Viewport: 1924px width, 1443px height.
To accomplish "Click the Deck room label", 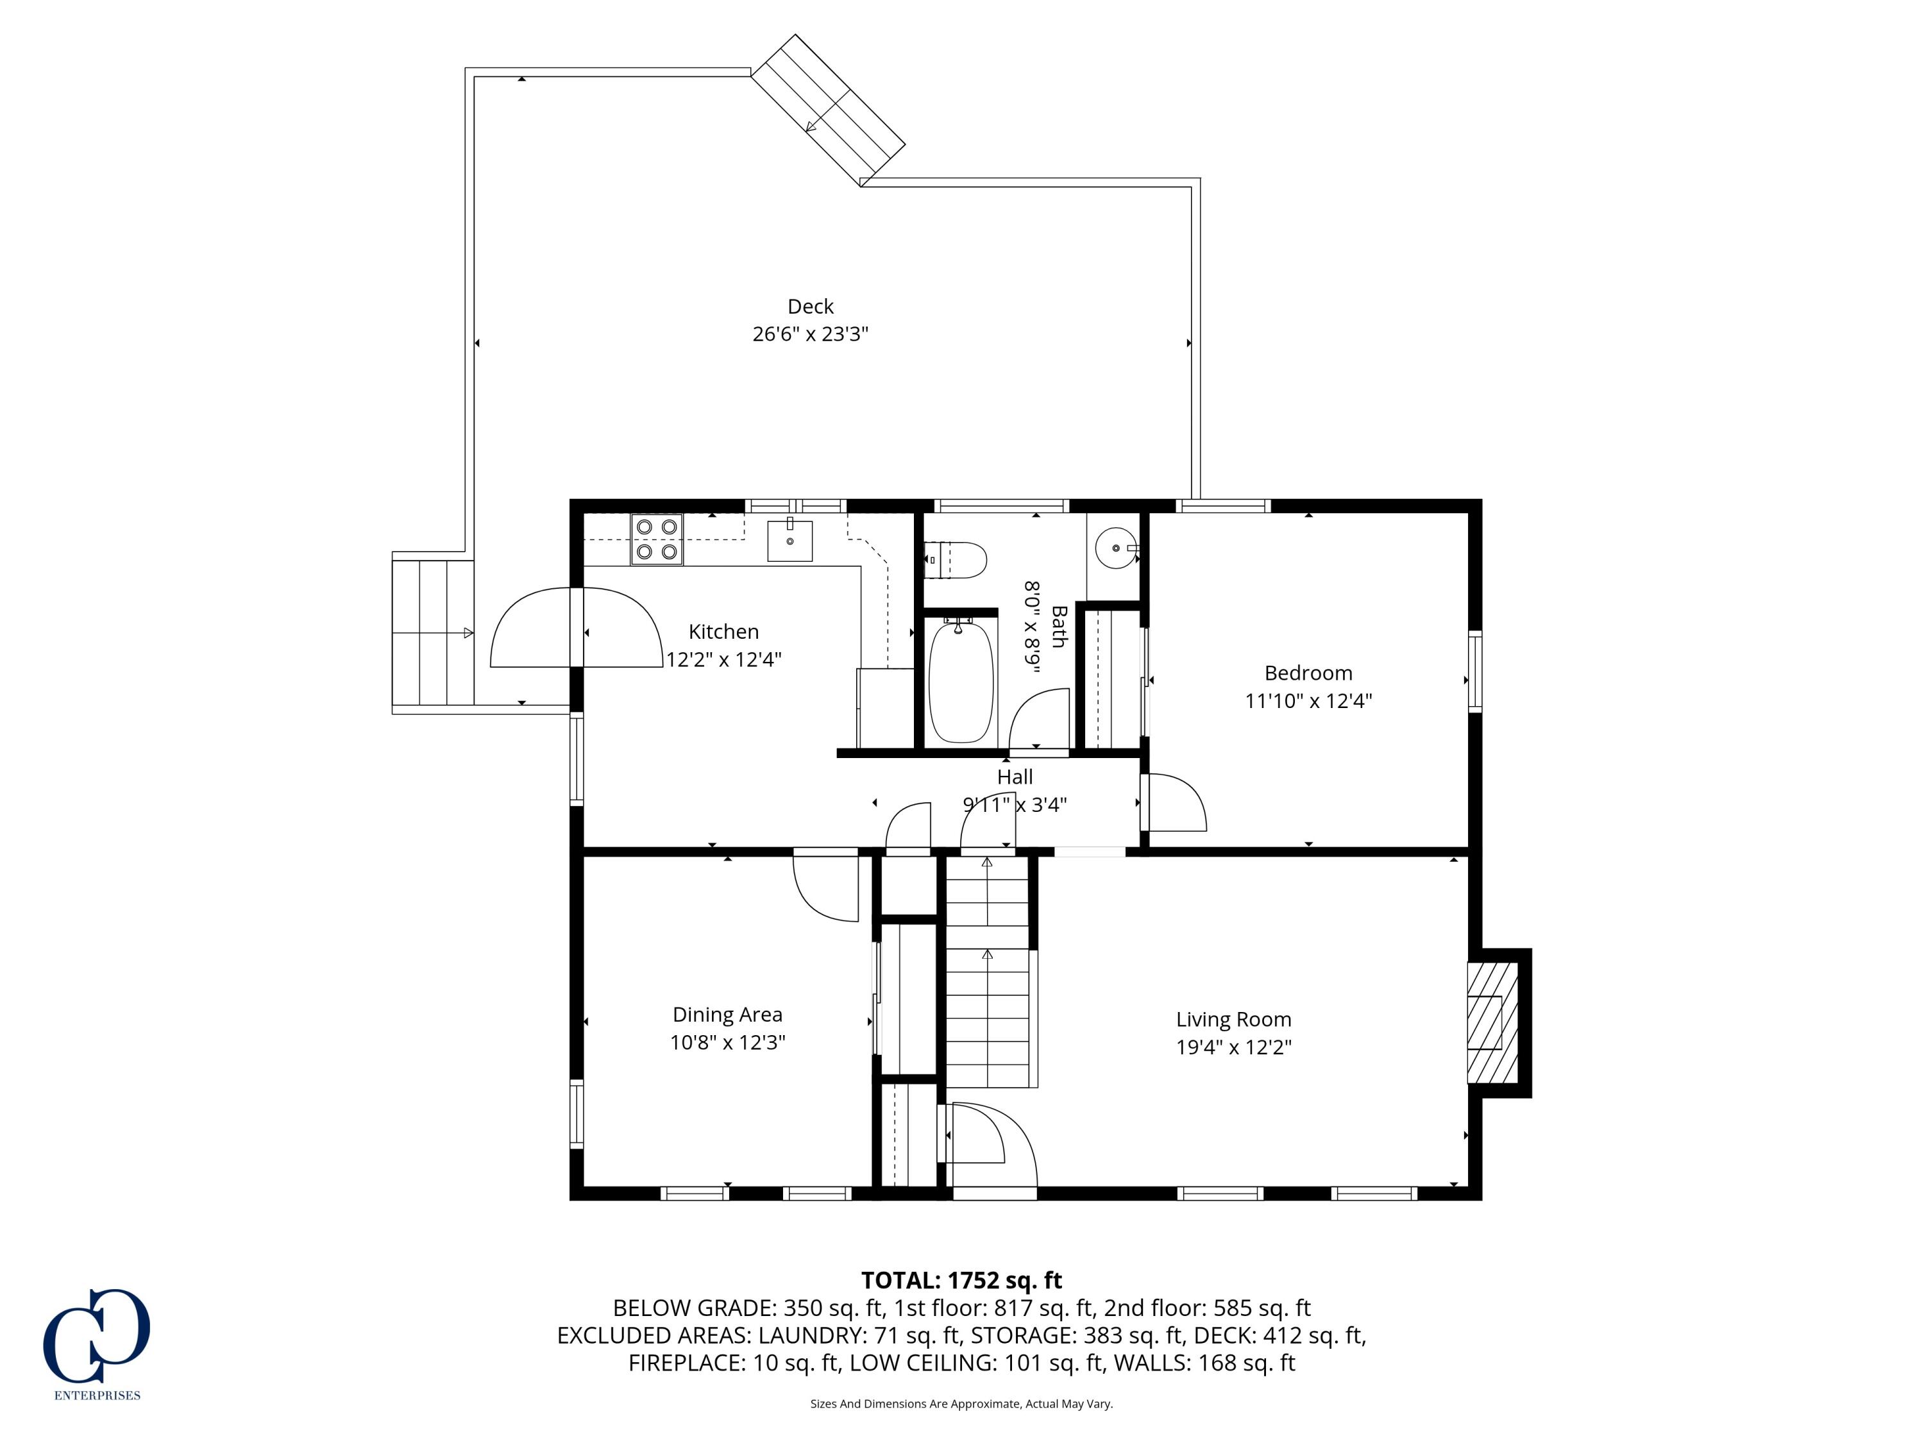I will pyautogui.click(x=810, y=306).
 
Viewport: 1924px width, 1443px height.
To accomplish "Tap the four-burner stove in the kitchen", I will pyautogui.click(x=657, y=539).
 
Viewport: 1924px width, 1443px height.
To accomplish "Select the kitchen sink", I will pyautogui.click(x=789, y=541).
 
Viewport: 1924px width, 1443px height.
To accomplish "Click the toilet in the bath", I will pyautogui.click(x=957, y=560).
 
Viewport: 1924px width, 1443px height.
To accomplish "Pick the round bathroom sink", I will pyautogui.click(x=1116, y=548).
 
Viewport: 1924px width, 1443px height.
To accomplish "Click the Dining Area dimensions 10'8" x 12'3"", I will pyautogui.click(x=727, y=1042).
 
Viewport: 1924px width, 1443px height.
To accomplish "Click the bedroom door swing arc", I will pyautogui.click(x=1177, y=802).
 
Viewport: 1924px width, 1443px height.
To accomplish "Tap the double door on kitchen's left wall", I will pyautogui.click(x=576, y=628).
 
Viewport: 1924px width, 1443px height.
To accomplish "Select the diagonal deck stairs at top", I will pyautogui.click(x=828, y=110).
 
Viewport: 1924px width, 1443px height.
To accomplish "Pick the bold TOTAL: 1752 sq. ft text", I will pyautogui.click(x=961, y=1280).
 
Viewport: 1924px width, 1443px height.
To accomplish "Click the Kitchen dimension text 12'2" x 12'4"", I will pyautogui.click(x=723, y=659).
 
